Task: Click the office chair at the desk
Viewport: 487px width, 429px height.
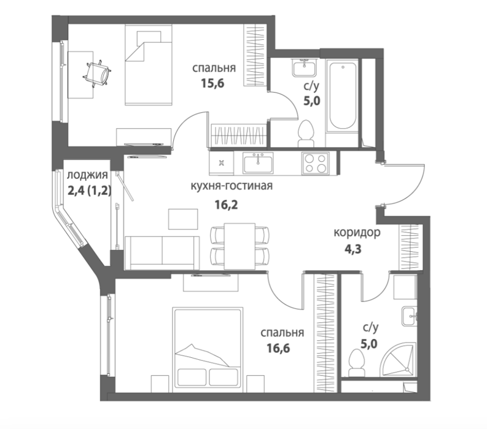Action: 97,74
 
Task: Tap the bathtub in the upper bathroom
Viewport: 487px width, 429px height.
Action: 343,96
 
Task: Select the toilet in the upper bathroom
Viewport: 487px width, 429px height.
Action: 306,133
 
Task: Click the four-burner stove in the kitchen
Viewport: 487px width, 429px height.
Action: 315,164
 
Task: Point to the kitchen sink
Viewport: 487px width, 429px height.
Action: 258,163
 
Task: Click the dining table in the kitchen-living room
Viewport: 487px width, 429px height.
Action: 240,246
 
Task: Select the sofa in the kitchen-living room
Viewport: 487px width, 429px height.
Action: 162,253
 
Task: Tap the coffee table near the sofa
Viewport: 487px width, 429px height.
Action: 183,219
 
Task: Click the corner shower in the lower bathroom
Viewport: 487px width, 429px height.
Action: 399,360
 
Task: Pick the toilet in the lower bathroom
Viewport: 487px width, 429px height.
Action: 357,363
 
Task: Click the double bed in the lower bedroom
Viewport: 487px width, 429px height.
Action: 208,347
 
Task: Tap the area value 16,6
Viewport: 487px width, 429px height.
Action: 278,348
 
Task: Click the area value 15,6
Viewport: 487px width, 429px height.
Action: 212,83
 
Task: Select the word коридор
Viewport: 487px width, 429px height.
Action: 357,232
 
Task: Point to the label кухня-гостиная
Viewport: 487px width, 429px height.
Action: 232,186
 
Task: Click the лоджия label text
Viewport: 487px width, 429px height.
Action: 88,175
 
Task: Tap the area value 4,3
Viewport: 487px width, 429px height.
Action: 353,249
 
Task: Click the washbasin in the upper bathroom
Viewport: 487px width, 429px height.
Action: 305,67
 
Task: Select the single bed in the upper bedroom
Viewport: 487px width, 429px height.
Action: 149,65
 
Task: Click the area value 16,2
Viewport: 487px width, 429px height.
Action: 227,204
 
